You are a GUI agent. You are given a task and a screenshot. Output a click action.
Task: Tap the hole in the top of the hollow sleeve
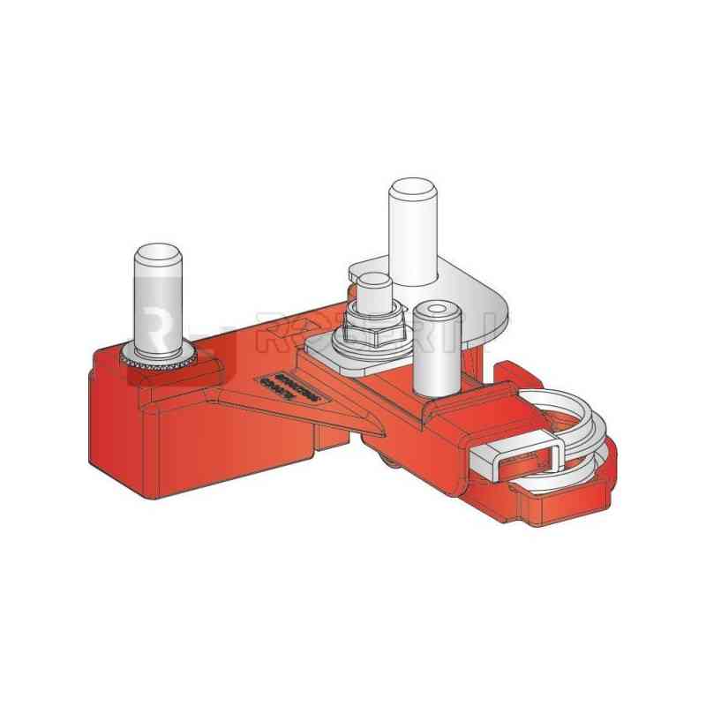(434, 310)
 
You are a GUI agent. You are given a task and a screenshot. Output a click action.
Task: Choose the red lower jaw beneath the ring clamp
(565, 503)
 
